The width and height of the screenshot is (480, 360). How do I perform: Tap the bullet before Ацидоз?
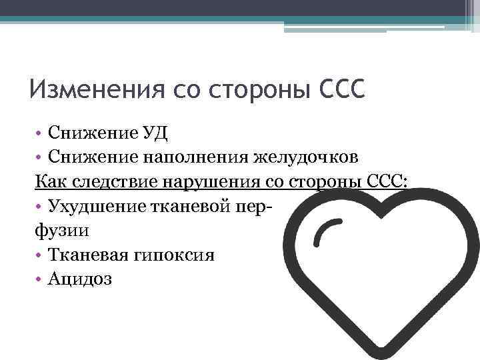coord(38,279)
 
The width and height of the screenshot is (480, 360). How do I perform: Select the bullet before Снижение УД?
coord(38,133)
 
